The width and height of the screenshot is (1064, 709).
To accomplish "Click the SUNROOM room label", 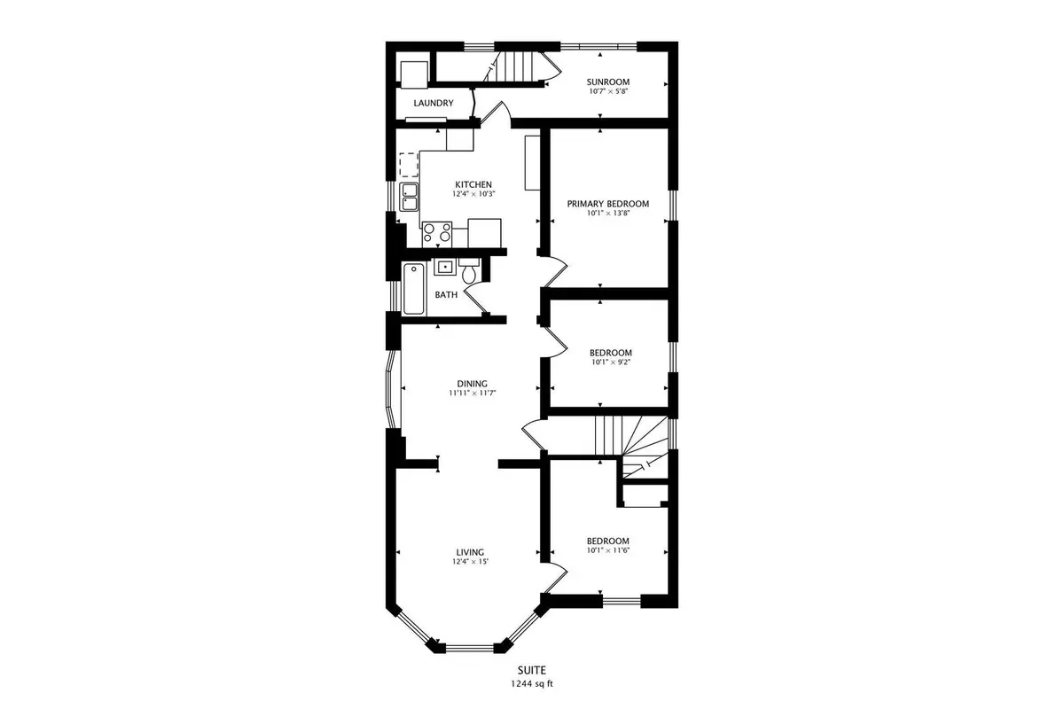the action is pyautogui.click(x=608, y=82).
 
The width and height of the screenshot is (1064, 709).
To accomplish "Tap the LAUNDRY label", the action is pyautogui.click(x=434, y=103).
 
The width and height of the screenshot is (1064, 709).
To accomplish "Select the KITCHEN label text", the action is pyautogui.click(x=473, y=184).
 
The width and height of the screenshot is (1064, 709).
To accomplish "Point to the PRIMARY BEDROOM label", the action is pyautogui.click(x=608, y=204).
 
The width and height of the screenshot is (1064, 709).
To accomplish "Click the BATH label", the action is pyautogui.click(x=447, y=295).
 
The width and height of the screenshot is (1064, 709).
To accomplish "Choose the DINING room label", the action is pyautogui.click(x=472, y=384).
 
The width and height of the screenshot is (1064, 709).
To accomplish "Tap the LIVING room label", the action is pyautogui.click(x=470, y=552).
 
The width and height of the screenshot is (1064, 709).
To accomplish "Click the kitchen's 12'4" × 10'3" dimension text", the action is pyautogui.click(x=473, y=194).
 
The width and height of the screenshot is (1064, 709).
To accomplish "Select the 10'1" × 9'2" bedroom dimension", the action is pyautogui.click(x=611, y=362).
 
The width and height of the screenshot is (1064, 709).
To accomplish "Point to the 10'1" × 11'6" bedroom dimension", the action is pyautogui.click(x=608, y=549).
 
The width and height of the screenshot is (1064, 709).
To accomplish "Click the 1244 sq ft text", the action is pyautogui.click(x=532, y=684).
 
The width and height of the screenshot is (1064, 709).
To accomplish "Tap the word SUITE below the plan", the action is pyautogui.click(x=532, y=670).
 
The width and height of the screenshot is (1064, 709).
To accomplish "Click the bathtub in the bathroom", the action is pyautogui.click(x=414, y=289).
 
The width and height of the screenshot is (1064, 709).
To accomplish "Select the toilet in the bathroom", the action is pyautogui.click(x=469, y=270).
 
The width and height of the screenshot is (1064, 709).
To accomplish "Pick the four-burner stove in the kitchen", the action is pyautogui.click(x=437, y=235).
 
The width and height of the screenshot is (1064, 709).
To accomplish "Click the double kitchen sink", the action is pyautogui.click(x=409, y=197).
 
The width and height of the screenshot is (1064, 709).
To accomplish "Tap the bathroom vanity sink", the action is pyautogui.click(x=445, y=267).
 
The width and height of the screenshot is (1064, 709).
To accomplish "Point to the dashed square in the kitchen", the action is pyautogui.click(x=409, y=165).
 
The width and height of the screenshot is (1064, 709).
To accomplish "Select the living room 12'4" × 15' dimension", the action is pyautogui.click(x=470, y=561).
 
